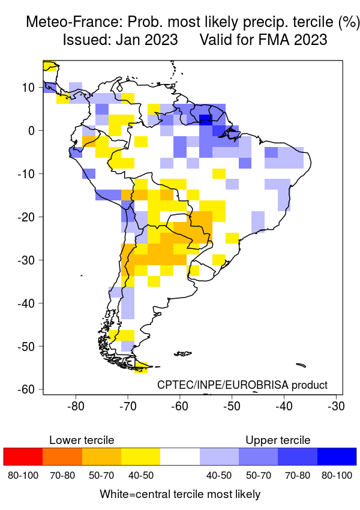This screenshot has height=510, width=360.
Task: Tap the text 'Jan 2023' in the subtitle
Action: pyautogui.click(x=150, y=40)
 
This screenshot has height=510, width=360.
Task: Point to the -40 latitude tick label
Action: pyautogui.click(x=26, y=303)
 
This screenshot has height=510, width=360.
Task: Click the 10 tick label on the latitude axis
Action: pyautogui.click(x=29, y=87)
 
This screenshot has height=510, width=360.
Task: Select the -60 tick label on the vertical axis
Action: pyautogui.click(x=26, y=389)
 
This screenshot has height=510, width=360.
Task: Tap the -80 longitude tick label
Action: pyautogui.click(x=76, y=406)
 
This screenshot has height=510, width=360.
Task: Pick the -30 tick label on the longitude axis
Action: pyautogui.click(x=336, y=406)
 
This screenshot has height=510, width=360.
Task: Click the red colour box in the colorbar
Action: pyautogui.click(x=23, y=456)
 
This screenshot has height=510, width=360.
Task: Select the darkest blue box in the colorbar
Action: pyautogui.click(x=337, y=456)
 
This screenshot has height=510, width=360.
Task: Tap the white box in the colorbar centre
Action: pyautogui.click(x=180, y=456)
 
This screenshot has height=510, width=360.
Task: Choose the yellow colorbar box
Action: pyautogui.click(x=140, y=456)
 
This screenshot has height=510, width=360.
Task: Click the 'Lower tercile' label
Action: pyautogui.click(x=82, y=440)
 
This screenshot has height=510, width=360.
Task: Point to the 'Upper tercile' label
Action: pyautogui.click(x=278, y=440)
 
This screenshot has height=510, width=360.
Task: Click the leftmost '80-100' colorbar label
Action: pyautogui.click(x=23, y=475)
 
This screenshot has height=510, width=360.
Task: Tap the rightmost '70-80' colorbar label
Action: pyautogui.click(x=298, y=475)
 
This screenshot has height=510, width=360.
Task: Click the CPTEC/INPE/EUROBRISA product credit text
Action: pyautogui.click(x=242, y=385)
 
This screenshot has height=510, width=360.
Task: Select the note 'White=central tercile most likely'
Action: pyautogui.click(x=180, y=494)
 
